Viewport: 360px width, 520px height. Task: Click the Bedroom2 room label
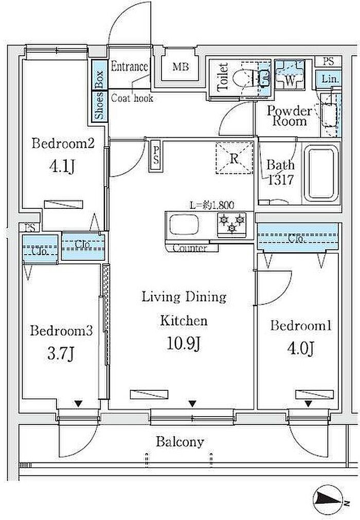(x=63, y=144)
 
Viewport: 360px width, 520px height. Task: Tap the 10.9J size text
(x=183, y=344)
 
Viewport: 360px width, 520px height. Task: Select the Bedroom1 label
(x=301, y=326)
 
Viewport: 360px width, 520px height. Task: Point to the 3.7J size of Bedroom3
(x=60, y=353)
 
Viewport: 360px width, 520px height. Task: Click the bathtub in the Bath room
(x=321, y=174)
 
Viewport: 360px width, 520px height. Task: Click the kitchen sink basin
(x=184, y=225)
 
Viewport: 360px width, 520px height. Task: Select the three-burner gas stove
(x=232, y=223)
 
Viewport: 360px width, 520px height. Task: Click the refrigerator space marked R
(x=234, y=158)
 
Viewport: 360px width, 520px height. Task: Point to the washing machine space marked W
(x=290, y=75)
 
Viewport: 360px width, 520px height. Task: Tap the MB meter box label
(x=181, y=67)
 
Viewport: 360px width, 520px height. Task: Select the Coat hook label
(x=132, y=98)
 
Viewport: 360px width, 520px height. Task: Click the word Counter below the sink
(x=190, y=248)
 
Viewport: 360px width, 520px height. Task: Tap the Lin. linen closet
(x=328, y=79)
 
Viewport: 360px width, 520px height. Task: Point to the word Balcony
(x=180, y=442)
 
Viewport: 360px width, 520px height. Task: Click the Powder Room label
(x=289, y=116)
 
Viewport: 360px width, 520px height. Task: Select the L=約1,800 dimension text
(x=211, y=205)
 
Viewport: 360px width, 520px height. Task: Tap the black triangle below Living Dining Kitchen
(x=192, y=404)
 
